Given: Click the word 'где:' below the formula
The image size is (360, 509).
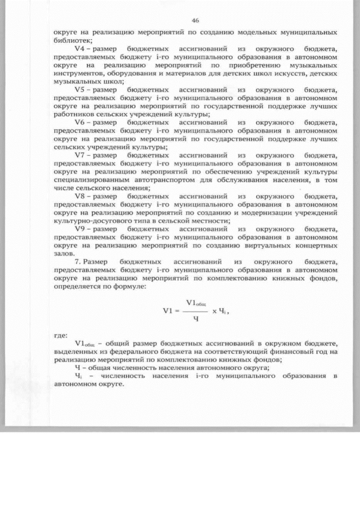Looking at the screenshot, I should coord(60,336).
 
